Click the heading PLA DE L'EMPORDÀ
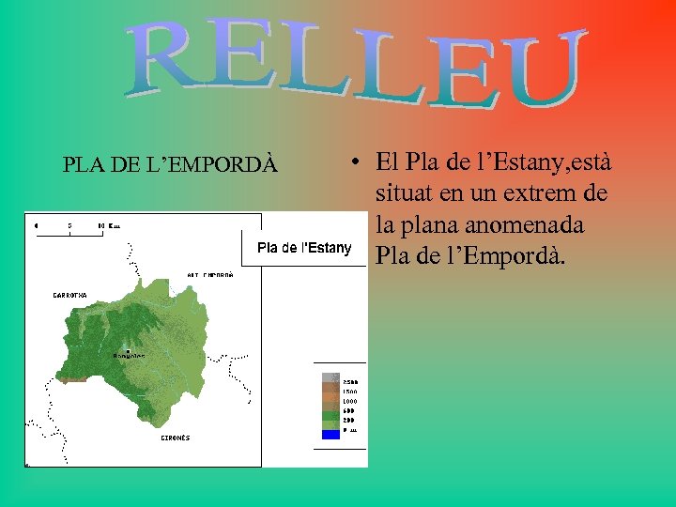point(170,164)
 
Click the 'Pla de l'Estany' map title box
point(304,249)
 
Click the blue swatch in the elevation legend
point(330,434)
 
